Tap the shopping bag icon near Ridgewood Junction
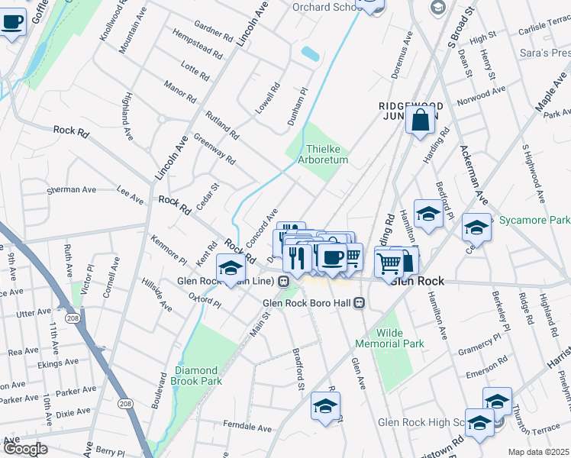point(421,120)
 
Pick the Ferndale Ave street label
point(247,424)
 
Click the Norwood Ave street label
point(481,95)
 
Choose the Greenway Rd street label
point(215,149)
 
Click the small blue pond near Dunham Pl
point(310,54)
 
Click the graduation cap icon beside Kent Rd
point(231,267)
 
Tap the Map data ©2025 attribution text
point(539,452)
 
